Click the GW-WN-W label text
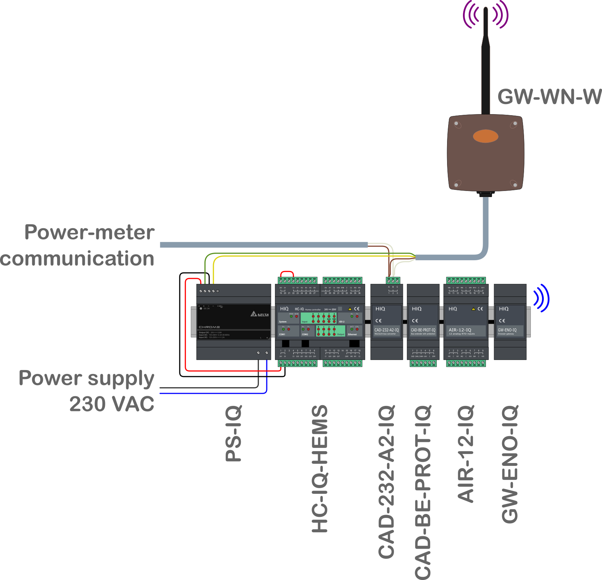pos(549,97)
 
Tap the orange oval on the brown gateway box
pos(486,136)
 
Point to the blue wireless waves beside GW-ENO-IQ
pos(542,298)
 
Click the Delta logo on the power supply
pos(260,314)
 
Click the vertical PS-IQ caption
pos(234,433)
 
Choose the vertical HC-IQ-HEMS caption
pos(320,468)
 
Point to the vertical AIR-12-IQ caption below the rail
pos(466,454)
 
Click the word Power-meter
pos(89,232)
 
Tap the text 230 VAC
pos(111,404)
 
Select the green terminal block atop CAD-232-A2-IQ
pos(393,281)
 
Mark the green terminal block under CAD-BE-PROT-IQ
pos(423,363)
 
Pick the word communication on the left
pos(77,259)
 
